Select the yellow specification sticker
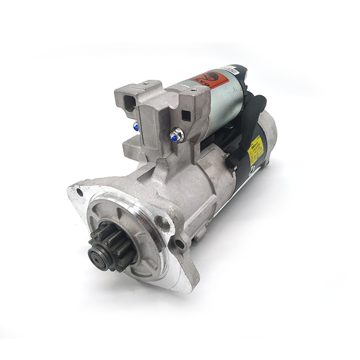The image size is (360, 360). [x=256, y=145]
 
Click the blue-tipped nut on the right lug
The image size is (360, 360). [x=177, y=135]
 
